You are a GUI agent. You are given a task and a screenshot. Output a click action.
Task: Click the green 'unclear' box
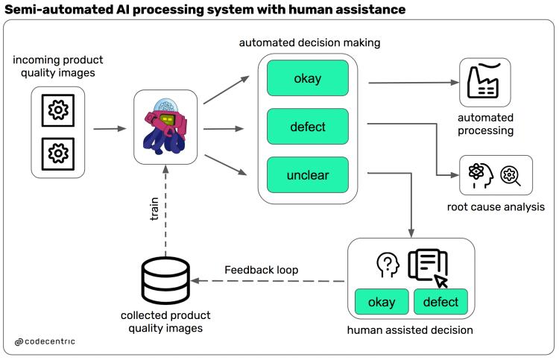click(x=308, y=174)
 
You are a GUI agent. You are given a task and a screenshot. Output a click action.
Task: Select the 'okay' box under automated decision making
click(x=308, y=78)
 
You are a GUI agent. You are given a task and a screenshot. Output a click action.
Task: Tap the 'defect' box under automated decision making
click(x=308, y=127)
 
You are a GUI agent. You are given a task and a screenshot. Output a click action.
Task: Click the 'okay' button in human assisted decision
click(x=382, y=302)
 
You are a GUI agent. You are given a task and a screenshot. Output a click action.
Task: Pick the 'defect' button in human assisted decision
click(x=440, y=302)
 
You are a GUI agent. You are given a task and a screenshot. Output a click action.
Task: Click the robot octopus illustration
click(x=165, y=127)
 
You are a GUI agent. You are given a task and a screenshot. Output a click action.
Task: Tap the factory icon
click(x=484, y=80)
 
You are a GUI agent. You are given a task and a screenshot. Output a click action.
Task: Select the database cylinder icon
click(x=165, y=280)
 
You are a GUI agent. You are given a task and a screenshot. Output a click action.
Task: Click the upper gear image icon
click(x=58, y=110)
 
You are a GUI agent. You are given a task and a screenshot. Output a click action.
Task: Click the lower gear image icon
click(x=58, y=154)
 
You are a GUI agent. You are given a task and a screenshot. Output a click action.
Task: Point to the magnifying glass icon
click(x=510, y=176)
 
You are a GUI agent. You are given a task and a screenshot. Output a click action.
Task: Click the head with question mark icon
click(x=388, y=265)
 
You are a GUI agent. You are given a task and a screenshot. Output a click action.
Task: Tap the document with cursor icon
click(x=428, y=268)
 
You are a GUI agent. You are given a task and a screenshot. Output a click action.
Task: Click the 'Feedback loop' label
click(x=262, y=270)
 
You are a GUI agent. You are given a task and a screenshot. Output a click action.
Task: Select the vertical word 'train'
click(x=154, y=209)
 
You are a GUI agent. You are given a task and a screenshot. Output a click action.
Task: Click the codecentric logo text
click(x=45, y=341)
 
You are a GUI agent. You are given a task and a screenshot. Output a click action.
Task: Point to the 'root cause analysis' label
click(x=496, y=206)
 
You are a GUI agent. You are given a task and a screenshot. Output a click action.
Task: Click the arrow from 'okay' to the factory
click(x=414, y=83)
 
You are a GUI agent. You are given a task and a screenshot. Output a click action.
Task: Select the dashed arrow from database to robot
click(x=165, y=211)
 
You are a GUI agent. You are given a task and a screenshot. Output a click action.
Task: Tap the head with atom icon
click(x=481, y=175)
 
